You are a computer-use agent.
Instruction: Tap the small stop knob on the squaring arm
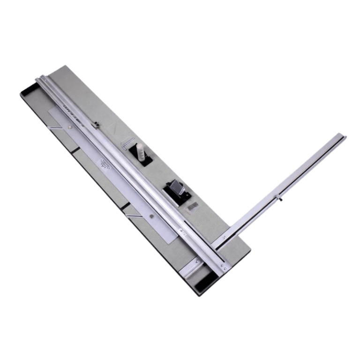pyautogui.click(x=281, y=200)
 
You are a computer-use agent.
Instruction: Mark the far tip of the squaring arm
pyautogui.click(x=345, y=137)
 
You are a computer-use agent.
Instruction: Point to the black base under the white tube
pyautogui.click(x=143, y=161)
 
